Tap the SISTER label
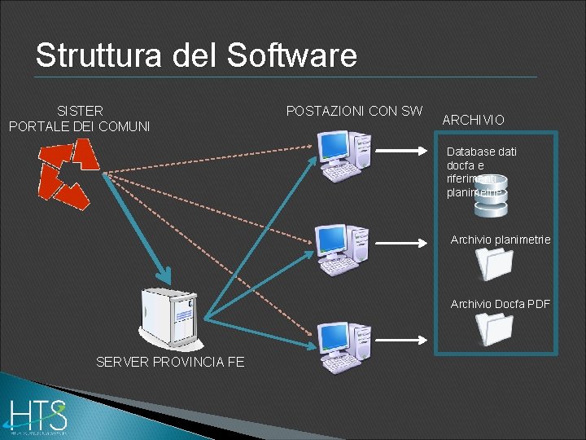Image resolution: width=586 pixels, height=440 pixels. [80, 110]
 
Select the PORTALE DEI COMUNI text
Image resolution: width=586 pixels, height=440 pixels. [79, 126]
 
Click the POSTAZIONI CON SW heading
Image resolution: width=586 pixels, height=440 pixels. [354, 110]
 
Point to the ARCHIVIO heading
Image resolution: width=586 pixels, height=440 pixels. [473, 120]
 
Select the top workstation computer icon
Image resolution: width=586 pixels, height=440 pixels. [344, 155]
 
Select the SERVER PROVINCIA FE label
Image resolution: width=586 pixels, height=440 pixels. [169, 362]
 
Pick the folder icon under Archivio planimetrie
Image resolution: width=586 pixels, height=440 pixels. [495, 263]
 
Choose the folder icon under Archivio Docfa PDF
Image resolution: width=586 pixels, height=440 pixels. [495, 328]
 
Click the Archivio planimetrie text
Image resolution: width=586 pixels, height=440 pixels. [500, 240]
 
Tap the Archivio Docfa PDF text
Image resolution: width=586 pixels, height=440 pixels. [500, 304]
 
